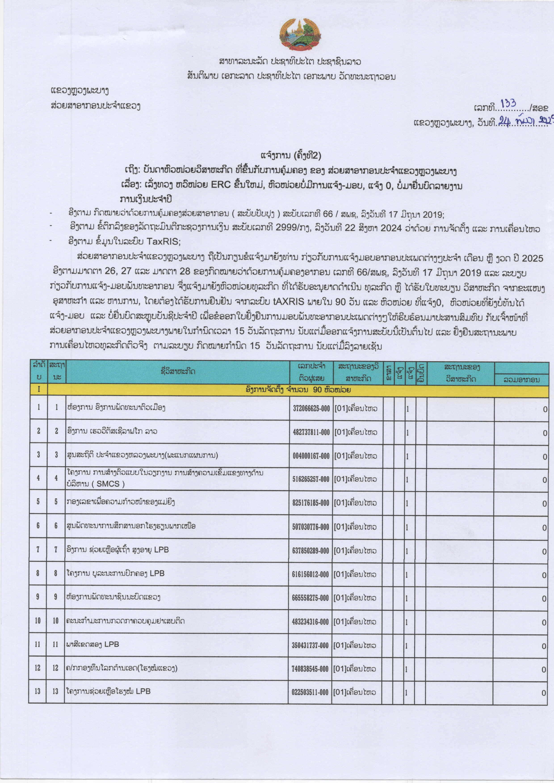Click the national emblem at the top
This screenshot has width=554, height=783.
click(300, 34)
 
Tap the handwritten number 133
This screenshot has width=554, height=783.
click(508, 104)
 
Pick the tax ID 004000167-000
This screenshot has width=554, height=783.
click(311, 456)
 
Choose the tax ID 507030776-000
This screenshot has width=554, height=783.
click(311, 527)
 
